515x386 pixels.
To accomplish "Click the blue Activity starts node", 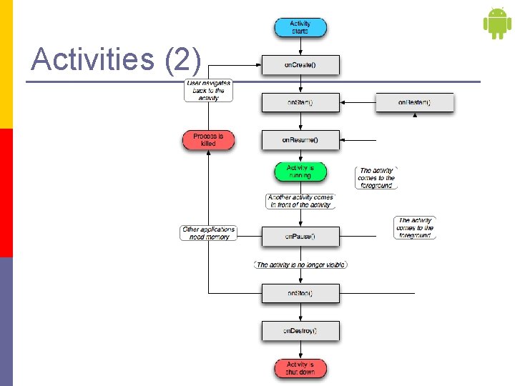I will pyautogui.click(x=300, y=28).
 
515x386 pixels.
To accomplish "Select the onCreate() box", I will pyautogui.click(x=300, y=65).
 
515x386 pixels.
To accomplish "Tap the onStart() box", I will pyautogui.click(x=300, y=103).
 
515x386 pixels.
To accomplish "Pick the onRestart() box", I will pyautogui.click(x=415, y=103).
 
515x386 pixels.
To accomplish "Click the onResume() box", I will pyautogui.click(x=300, y=140).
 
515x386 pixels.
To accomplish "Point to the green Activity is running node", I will pyautogui.click(x=300, y=172).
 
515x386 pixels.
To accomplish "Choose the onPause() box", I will pyautogui.click(x=300, y=236).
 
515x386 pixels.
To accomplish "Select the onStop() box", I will pyautogui.click(x=300, y=293).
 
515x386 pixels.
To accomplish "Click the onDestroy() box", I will pyautogui.click(x=300, y=331).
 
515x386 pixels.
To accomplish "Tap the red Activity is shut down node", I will pyautogui.click(x=300, y=368).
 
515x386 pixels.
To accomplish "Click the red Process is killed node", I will pyautogui.click(x=208, y=140).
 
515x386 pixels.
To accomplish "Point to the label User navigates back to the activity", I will pyautogui.click(x=208, y=91).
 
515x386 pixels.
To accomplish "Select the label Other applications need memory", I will pyautogui.click(x=208, y=233).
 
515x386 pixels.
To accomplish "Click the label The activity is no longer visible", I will pyautogui.click(x=300, y=264).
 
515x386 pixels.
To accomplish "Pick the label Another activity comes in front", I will pyautogui.click(x=300, y=202).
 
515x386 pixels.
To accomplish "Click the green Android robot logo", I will pyautogui.click(x=496, y=22).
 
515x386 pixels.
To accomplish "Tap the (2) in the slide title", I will pyautogui.click(x=182, y=60).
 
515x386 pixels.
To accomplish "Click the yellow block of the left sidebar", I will pyautogui.click(x=6, y=64).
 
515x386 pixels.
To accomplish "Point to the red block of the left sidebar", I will pyautogui.click(x=6, y=193).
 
